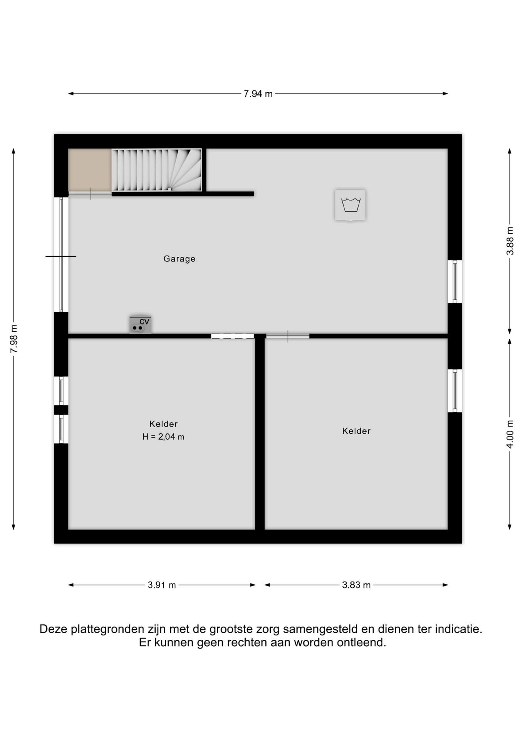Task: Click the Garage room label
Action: [x=179, y=259]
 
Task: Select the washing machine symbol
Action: [x=350, y=205]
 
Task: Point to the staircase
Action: [x=156, y=170]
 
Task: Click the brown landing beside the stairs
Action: [x=90, y=170]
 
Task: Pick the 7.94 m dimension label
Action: [x=258, y=94]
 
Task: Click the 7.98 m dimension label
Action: [x=14, y=339]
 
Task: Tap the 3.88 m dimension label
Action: [x=510, y=241]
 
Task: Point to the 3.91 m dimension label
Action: [x=162, y=585]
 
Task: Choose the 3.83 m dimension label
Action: [x=356, y=585]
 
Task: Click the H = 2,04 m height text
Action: [x=163, y=437]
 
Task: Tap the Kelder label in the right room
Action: [x=356, y=431]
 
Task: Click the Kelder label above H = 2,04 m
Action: [x=163, y=424]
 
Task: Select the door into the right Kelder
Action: [x=288, y=336]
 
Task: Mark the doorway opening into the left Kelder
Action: [x=233, y=336]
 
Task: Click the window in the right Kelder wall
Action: [x=455, y=391]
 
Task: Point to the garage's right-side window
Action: [x=455, y=281]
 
